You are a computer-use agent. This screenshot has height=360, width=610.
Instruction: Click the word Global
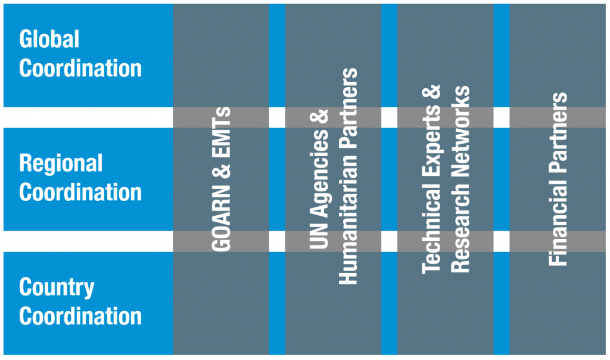coord(49,39)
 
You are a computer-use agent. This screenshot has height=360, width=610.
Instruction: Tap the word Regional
coord(61,163)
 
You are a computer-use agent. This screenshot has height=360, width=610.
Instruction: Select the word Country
coord(57,288)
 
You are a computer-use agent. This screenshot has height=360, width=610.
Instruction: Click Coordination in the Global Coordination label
coord(80,69)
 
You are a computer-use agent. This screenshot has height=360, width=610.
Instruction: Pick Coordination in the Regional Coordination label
coord(80,193)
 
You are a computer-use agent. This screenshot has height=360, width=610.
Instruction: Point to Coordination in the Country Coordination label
coord(80,316)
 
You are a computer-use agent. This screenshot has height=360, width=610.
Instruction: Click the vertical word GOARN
coord(222,218)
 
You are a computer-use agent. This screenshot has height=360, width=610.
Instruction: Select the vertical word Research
coord(460,225)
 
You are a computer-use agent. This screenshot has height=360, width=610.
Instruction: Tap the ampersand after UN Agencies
coord(319,117)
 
